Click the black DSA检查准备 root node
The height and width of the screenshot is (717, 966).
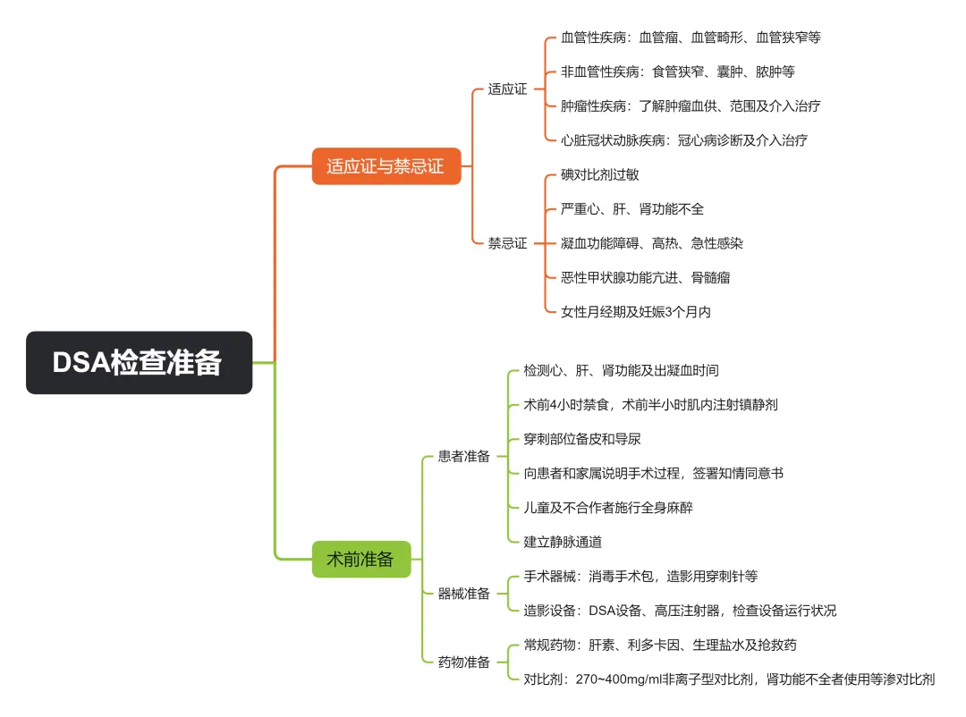139,363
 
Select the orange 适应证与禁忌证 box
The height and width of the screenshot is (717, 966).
386,166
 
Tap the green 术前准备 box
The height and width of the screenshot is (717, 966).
360,560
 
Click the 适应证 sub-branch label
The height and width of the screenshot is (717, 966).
507,89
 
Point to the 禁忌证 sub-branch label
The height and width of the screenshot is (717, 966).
507,243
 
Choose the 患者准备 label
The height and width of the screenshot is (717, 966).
464,456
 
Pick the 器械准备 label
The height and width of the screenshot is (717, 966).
464,594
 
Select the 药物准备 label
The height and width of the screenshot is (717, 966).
464,662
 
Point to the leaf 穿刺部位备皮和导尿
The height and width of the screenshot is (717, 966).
582,439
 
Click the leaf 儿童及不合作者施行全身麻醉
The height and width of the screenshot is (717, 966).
608,508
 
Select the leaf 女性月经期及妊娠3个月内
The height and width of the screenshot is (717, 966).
636,312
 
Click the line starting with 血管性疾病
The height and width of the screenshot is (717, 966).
691,38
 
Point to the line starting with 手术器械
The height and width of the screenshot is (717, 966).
640,577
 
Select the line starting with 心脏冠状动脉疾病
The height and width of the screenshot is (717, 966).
684,140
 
